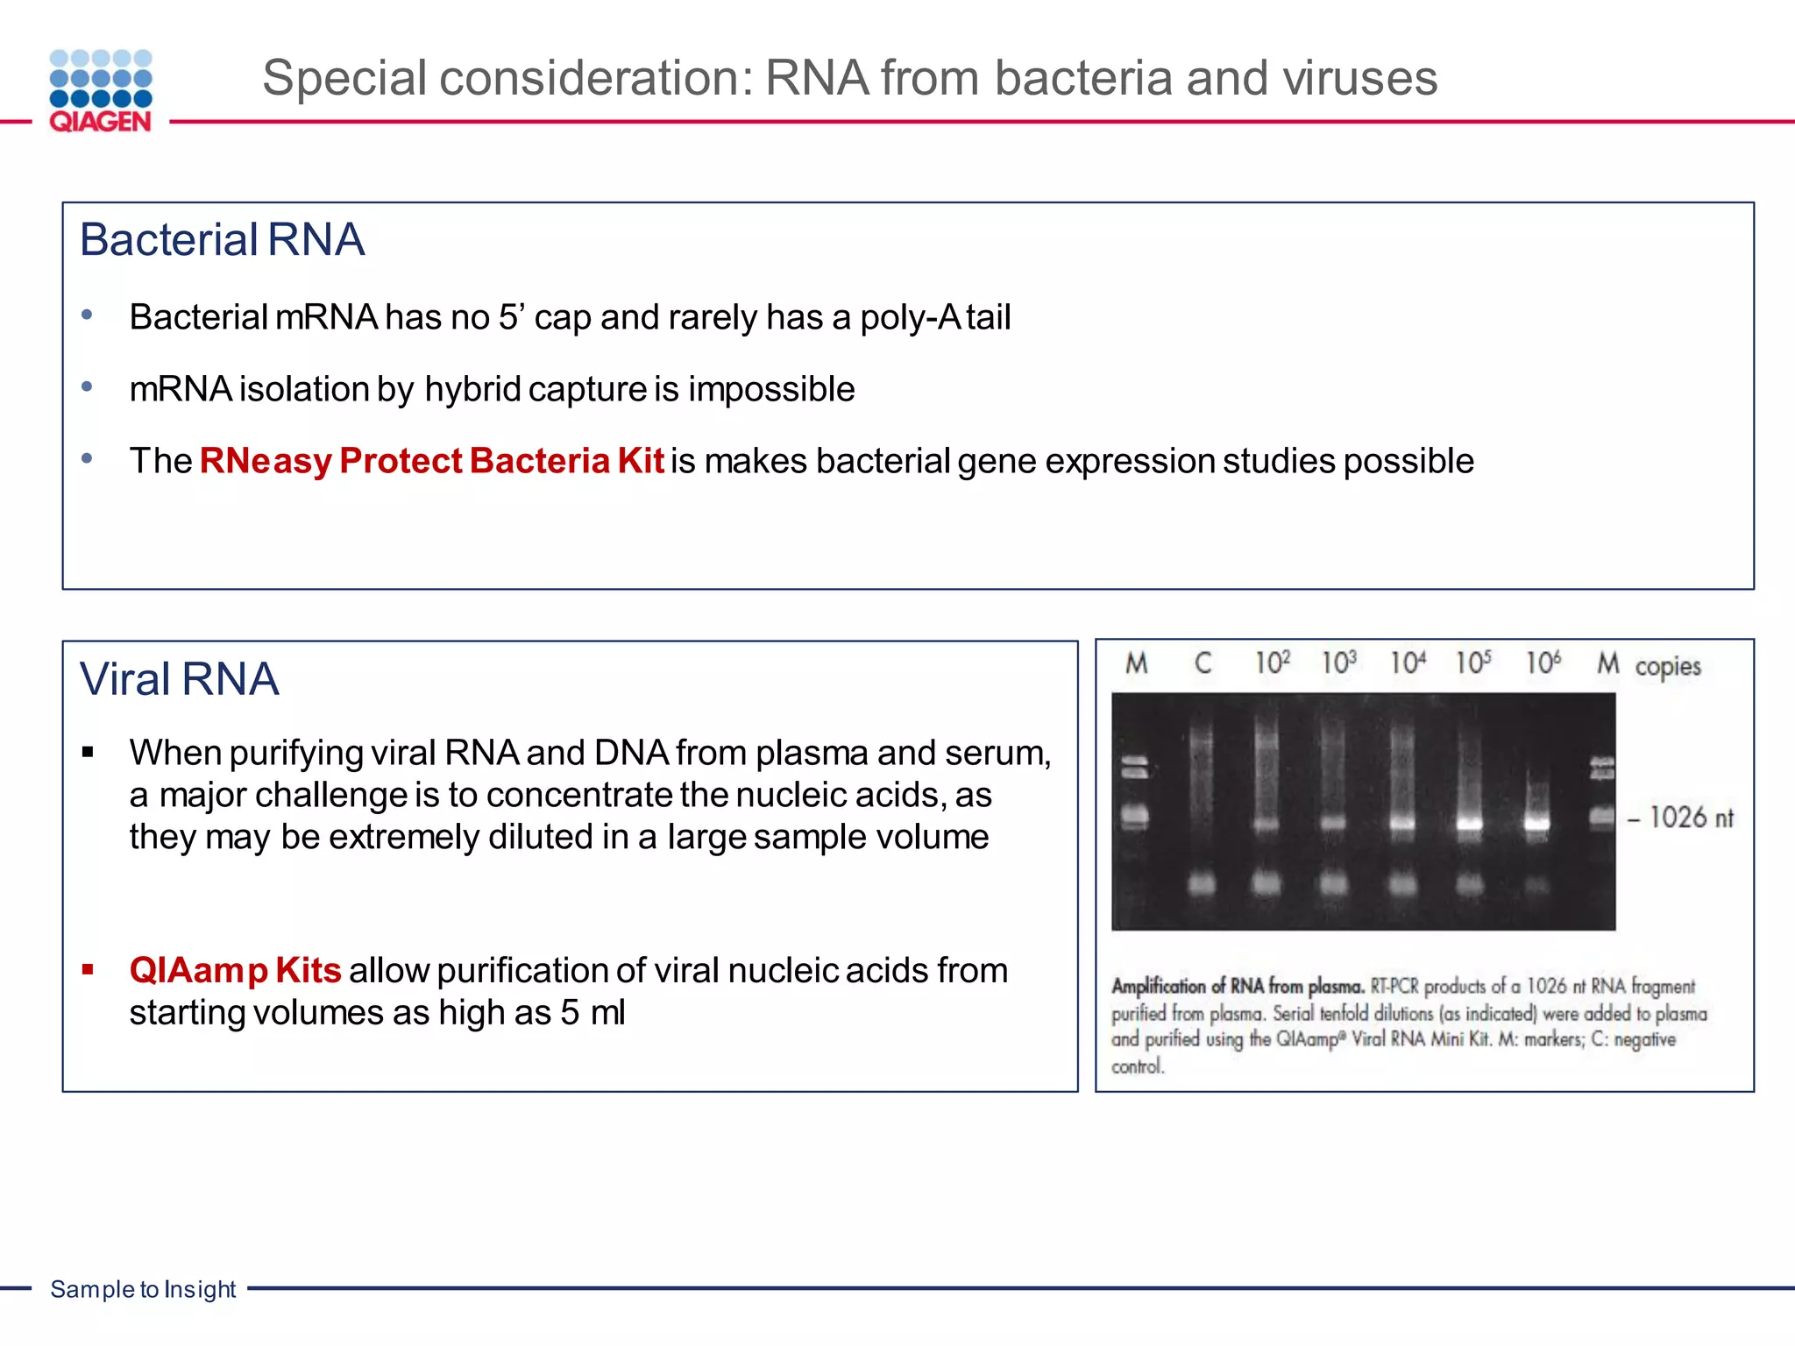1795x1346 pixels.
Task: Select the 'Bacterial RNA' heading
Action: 222,240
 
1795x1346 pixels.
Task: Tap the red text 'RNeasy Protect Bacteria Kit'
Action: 431,461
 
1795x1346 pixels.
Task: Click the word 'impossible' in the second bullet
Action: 771,389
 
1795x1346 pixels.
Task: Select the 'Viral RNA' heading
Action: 180,679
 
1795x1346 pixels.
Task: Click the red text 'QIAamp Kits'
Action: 235,971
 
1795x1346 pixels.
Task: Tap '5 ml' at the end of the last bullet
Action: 593,1013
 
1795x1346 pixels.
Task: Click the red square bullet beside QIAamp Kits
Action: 88,969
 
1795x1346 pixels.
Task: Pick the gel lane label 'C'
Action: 1203,663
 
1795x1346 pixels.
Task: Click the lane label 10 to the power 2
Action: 1272,662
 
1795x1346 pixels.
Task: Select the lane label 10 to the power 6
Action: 1543,662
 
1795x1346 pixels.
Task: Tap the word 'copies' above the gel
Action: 1667,667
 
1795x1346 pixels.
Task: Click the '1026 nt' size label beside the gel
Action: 1690,818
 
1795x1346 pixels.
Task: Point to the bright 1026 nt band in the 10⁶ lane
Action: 1536,823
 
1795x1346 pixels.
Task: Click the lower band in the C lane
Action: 1202,883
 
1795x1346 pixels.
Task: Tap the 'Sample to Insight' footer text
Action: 143,1289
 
